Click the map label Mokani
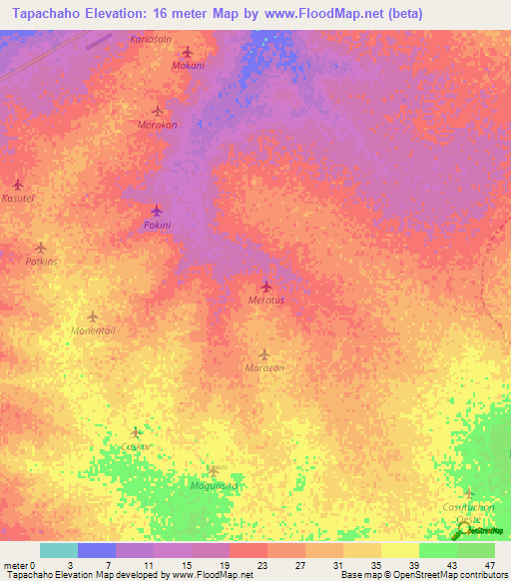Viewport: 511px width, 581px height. (x=188, y=66)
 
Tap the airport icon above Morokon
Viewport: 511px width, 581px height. (x=157, y=111)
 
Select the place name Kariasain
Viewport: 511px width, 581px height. (x=151, y=38)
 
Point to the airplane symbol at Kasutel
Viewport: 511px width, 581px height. (x=18, y=185)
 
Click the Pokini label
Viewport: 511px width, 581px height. (x=157, y=226)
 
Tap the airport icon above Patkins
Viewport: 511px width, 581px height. (x=41, y=248)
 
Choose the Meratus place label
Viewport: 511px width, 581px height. (x=265, y=299)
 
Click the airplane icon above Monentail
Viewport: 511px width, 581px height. (x=93, y=316)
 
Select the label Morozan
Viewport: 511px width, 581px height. (x=264, y=368)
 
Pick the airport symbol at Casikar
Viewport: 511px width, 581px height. (x=136, y=433)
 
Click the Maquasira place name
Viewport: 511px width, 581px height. (x=213, y=485)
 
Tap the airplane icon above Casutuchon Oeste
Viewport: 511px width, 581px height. (x=468, y=493)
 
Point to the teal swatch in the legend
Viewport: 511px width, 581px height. (x=59, y=550)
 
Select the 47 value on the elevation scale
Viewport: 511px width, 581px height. (x=490, y=565)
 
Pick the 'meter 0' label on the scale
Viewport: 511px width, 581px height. (x=19, y=565)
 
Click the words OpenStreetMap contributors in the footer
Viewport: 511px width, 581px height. (x=438, y=575)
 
